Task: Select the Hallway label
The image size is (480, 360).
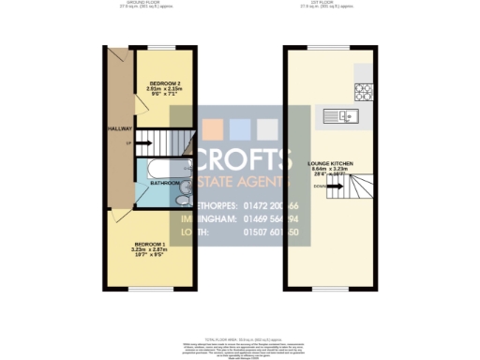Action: (121, 128)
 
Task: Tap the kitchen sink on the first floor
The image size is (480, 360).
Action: (337, 116)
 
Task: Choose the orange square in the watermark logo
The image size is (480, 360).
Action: (215, 128)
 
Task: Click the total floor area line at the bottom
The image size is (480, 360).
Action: (240, 327)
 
